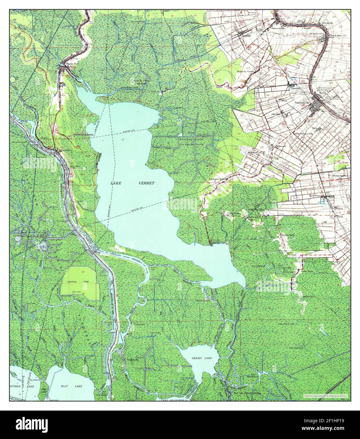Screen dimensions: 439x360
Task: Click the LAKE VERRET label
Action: click(x=132, y=183)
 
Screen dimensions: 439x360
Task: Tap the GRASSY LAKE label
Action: click(x=201, y=358)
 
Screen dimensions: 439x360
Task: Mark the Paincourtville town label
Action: click(x=279, y=28)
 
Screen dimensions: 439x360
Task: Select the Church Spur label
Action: click(x=336, y=35)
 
